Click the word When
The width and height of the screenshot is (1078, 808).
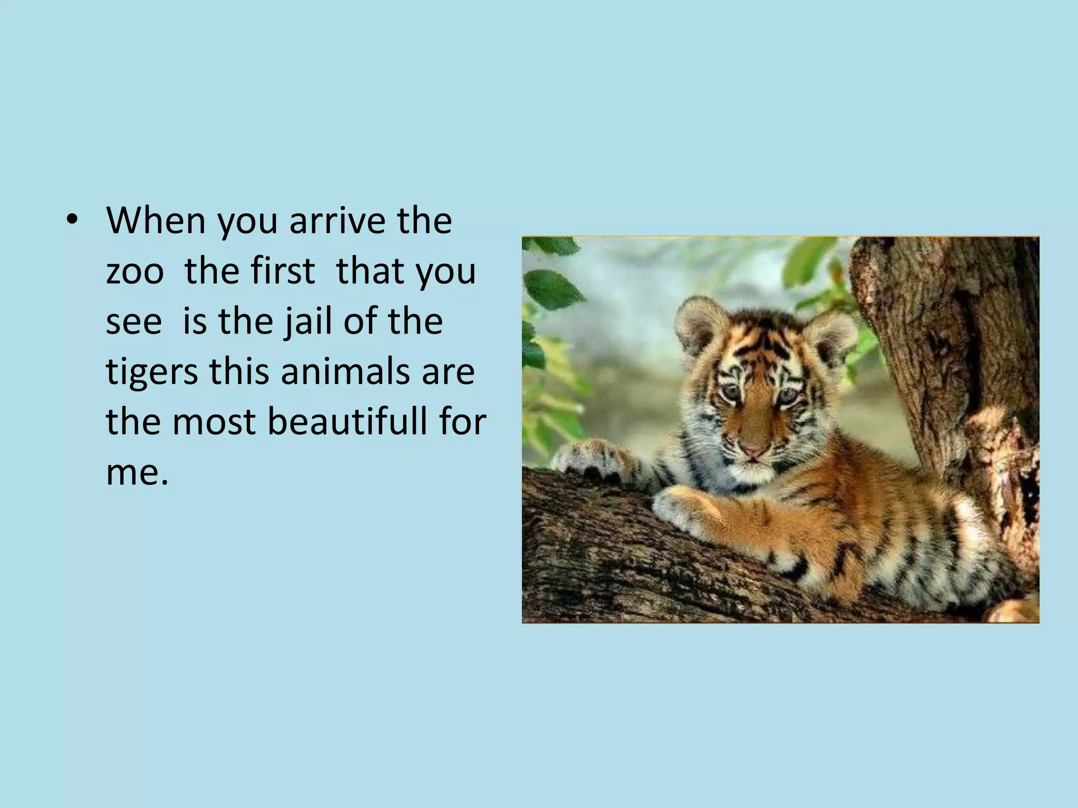156,220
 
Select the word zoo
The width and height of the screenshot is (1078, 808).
135,271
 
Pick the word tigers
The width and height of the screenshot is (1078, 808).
152,372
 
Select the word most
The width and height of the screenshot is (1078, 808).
214,422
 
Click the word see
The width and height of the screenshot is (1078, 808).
134,321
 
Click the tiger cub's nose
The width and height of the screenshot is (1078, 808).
754,451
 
